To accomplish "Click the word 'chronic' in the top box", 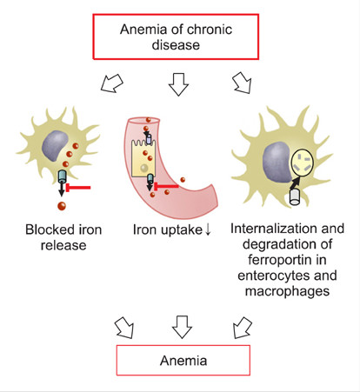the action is [x=208, y=30].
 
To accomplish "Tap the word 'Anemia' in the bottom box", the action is [x=183, y=361].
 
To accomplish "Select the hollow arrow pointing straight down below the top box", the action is [x=178, y=84].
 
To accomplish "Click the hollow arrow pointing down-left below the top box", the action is [x=112, y=83].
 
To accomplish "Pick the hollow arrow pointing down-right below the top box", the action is [x=242, y=83].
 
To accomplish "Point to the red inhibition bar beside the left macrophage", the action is [x=78, y=188].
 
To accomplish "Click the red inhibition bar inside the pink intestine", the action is [x=166, y=186].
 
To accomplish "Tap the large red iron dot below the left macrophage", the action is [x=62, y=206].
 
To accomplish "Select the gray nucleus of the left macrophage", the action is [x=55, y=145].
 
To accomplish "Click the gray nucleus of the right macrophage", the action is [x=277, y=162].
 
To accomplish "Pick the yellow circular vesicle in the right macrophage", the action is [x=303, y=163].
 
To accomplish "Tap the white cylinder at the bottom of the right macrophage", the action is [x=295, y=197].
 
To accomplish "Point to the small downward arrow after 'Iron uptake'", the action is [x=208, y=229].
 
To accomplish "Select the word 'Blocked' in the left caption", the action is [x=46, y=229].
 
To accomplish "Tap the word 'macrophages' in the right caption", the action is [x=287, y=291].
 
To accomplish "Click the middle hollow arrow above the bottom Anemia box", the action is [x=182, y=327].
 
